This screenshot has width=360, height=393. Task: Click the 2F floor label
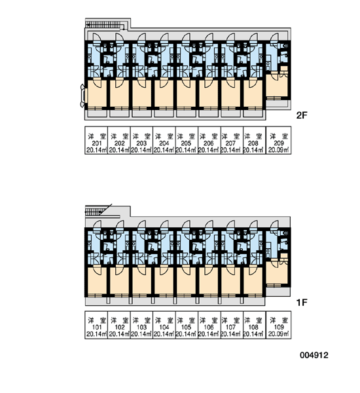tap(302, 115)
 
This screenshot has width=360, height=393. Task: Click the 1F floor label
tap(302, 303)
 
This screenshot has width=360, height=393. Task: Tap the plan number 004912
tap(314, 355)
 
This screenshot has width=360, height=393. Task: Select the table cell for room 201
tap(96, 140)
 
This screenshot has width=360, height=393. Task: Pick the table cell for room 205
tap(187, 140)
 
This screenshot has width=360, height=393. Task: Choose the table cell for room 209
tap(278, 140)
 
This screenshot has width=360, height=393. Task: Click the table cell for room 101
tap(96, 325)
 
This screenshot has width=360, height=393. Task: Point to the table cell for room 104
tap(164, 325)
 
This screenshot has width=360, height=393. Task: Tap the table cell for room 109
tap(278, 325)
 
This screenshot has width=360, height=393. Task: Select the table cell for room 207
tap(232, 140)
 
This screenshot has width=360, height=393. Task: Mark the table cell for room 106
tap(209, 325)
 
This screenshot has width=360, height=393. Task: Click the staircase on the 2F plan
tap(105, 24)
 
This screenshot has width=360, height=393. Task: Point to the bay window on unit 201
tap(82, 96)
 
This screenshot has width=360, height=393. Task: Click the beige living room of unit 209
tap(276, 85)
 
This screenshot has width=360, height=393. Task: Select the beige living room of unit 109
tap(276, 272)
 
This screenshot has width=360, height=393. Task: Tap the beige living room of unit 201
tap(98, 94)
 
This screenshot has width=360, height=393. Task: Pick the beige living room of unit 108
tap(253, 281)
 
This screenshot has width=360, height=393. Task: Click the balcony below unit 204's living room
tap(164, 113)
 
